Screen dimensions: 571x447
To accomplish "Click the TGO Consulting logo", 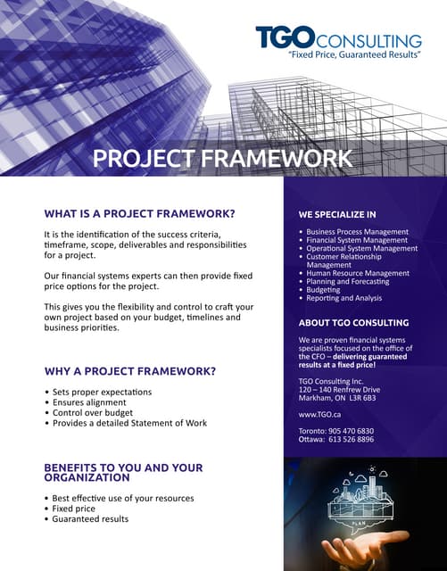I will point(337,39).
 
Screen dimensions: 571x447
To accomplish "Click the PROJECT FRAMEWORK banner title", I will point(223,159).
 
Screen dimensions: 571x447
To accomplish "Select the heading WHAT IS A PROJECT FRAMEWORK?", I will point(139,213).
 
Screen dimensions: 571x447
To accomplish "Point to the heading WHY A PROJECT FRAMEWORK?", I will point(130,370).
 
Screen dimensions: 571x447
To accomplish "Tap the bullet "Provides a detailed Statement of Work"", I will point(128,423).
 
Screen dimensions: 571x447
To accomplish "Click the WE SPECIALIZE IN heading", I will point(337,215).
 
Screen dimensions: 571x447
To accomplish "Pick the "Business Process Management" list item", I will point(357,232).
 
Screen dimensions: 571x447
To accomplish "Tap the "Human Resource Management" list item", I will point(358,273).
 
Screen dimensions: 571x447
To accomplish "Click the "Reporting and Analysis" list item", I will point(344,298).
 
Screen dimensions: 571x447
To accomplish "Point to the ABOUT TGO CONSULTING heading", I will point(353,322).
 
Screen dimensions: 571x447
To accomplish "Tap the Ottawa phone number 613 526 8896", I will point(353,440).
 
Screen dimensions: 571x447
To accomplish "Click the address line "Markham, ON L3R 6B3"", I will point(336,398).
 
